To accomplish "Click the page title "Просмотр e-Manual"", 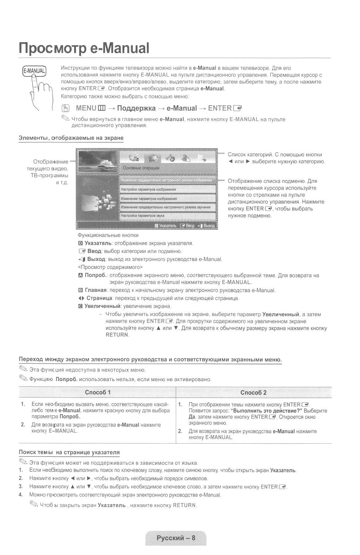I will (x=84, y=48).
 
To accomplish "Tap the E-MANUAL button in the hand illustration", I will (x=34, y=71).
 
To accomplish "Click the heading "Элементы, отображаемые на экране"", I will (x=71, y=138).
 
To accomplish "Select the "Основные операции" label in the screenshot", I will (x=141, y=168).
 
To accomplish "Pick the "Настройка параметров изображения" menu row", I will (x=148, y=189).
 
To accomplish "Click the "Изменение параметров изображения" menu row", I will (x=149, y=198).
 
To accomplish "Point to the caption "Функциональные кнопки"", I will (x=108, y=235).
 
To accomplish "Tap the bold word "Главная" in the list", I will (x=96, y=290).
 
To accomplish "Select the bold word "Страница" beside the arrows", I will (x=99, y=298).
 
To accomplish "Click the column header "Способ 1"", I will (x=98, y=392).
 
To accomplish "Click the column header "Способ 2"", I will (x=253, y=392).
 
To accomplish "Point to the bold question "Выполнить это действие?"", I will (x=266, y=411).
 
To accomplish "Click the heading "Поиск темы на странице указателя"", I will (x=69, y=452).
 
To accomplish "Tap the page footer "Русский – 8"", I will (x=176, y=538).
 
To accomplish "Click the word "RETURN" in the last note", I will (x=184, y=505).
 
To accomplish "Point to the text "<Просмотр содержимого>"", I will (x=110, y=267).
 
